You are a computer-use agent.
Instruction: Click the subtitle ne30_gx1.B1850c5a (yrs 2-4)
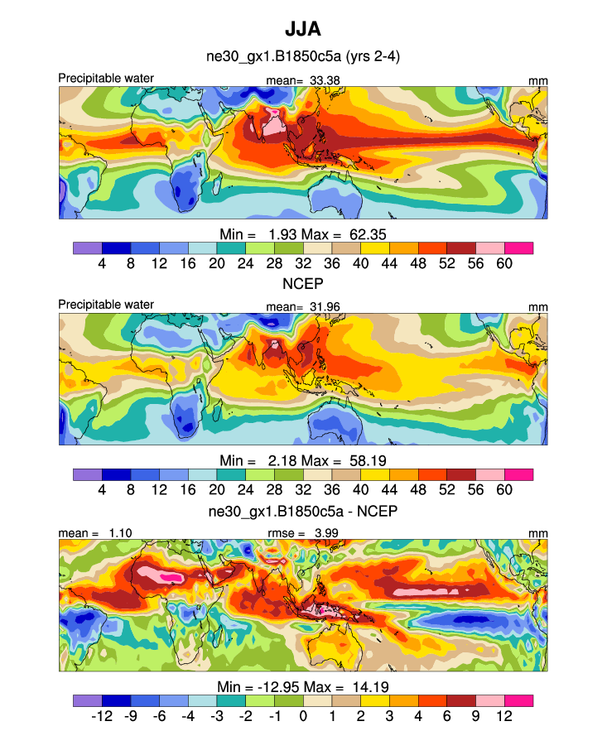point(303,57)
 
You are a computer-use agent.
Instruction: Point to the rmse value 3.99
point(324,533)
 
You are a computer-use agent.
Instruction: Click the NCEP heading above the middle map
point(303,284)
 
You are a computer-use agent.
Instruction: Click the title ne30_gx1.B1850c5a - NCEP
point(303,511)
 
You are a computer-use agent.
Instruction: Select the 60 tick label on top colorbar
point(504,263)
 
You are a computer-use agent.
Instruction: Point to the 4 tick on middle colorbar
point(102,490)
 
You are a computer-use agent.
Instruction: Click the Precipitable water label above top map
point(106,79)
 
